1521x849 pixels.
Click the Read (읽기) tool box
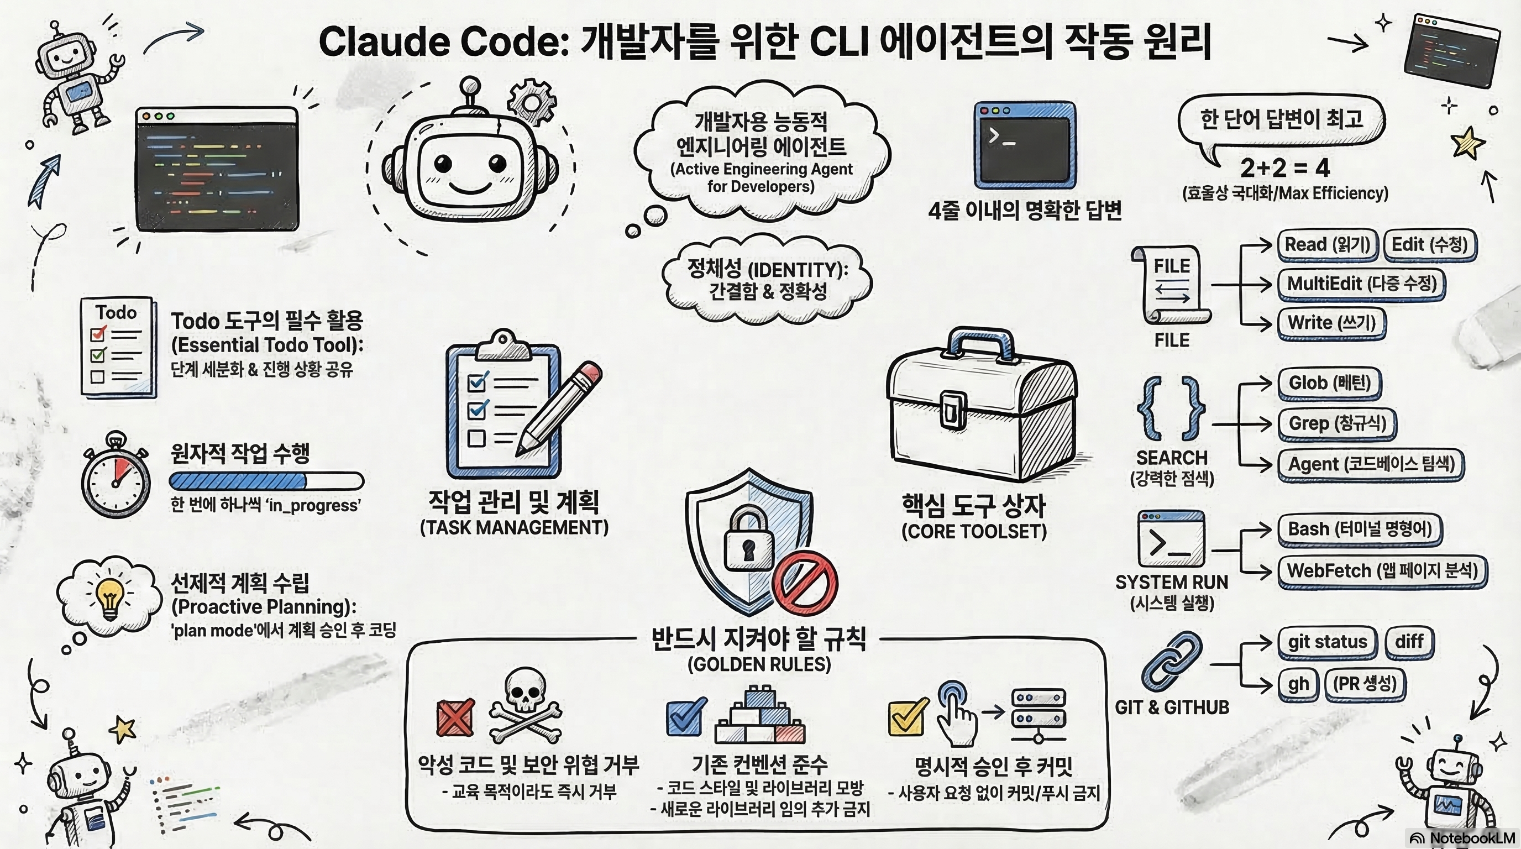point(1327,244)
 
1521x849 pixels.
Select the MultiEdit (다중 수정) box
point(1361,284)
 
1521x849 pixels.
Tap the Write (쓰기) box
point(1331,323)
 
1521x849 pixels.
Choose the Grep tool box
point(1337,423)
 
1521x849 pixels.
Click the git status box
point(1327,642)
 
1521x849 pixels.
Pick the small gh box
point(1298,684)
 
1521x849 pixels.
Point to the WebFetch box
point(1382,571)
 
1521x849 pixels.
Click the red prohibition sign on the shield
point(805,583)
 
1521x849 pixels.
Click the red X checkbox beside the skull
point(455,717)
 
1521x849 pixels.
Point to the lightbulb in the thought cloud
point(110,598)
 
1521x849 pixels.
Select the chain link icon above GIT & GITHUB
point(1172,661)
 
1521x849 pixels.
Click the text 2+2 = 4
point(1285,168)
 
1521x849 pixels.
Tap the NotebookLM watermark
point(1462,838)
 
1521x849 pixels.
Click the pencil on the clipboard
point(558,408)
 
